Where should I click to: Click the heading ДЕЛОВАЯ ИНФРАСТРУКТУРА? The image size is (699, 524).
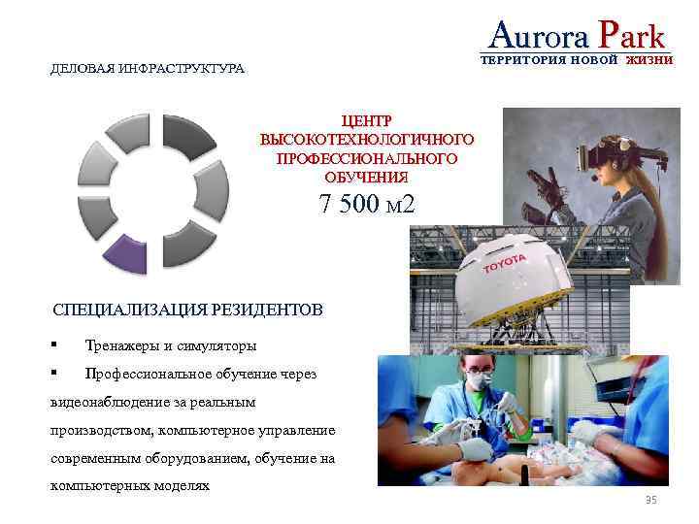(x=148, y=70)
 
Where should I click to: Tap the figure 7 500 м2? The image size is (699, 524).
(x=367, y=205)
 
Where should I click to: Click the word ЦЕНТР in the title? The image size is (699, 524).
(x=367, y=120)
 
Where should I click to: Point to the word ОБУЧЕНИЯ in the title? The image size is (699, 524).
(x=367, y=177)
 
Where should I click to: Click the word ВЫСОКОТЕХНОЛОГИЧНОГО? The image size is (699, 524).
(x=367, y=139)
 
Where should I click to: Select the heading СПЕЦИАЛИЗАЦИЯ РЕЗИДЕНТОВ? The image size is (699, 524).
(x=186, y=311)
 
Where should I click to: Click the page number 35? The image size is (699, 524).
(x=651, y=500)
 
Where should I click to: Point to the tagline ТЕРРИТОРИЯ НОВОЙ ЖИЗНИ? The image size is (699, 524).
(x=577, y=60)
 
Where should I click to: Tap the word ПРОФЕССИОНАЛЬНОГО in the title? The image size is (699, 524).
(x=367, y=157)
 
